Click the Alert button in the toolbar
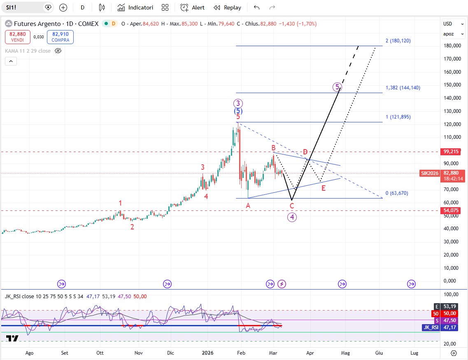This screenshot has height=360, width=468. (193, 7)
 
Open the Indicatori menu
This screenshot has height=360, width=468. (135, 7)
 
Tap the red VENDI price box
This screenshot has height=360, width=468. (17, 37)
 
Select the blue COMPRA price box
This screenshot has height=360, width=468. (60, 37)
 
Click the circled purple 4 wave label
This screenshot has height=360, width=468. (292, 217)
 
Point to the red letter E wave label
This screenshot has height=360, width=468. (324, 188)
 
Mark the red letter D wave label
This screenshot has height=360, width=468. (305, 152)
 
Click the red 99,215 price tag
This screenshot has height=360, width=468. (452, 152)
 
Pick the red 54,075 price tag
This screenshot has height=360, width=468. (452, 210)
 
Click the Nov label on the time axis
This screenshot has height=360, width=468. (139, 353)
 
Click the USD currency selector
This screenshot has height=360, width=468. (448, 24)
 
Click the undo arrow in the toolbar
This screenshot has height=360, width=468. (257, 7)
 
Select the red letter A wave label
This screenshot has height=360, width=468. (248, 206)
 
